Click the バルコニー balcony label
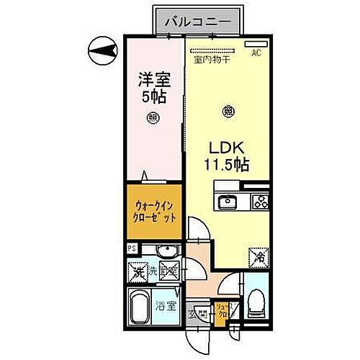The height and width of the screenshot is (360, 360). click(x=197, y=21)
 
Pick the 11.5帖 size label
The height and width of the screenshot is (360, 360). click(x=225, y=165)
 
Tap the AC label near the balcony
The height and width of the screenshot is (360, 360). click(x=256, y=53)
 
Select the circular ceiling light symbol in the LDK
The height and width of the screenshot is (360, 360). click(x=228, y=111)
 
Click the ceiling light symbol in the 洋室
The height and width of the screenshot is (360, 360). click(x=153, y=117)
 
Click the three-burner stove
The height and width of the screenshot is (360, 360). click(x=258, y=201)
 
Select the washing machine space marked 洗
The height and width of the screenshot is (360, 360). click(x=137, y=272)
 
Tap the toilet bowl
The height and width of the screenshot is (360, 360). click(x=255, y=305)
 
